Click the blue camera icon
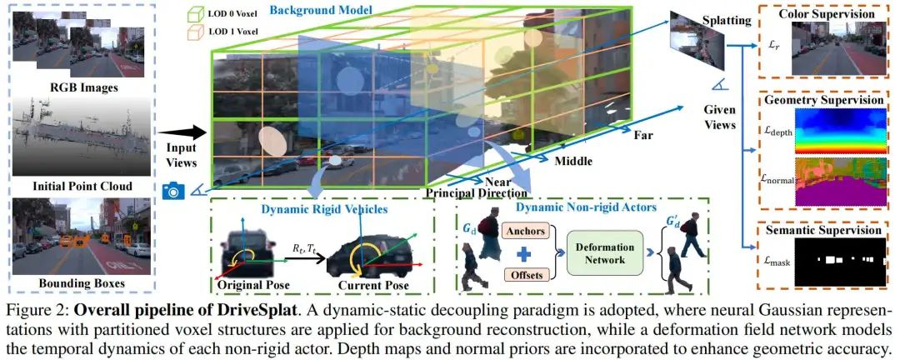173,191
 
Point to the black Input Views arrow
181,132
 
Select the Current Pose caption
373,286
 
